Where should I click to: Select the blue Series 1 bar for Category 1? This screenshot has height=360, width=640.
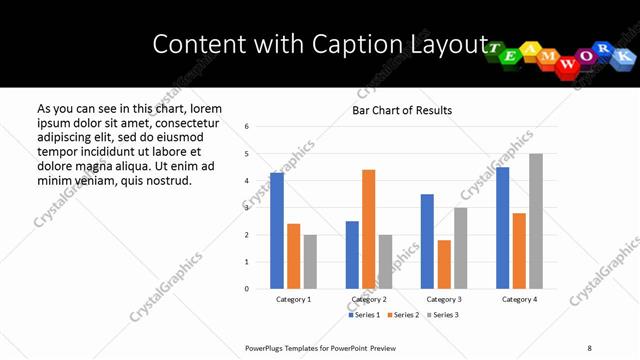click(x=277, y=231)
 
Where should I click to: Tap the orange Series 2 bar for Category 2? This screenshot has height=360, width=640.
click(x=369, y=229)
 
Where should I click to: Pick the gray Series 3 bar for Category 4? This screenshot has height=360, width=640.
click(x=536, y=221)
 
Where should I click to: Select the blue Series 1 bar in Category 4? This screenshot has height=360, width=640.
click(x=502, y=228)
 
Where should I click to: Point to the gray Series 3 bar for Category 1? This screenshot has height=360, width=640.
click(x=310, y=262)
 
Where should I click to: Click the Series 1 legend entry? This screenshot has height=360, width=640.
click(x=365, y=315)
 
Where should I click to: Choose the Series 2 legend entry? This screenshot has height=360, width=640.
click(x=402, y=315)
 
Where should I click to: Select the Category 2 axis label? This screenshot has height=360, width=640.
click(x=369, y=300)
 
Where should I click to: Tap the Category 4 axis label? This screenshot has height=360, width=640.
click(x=519, y=300)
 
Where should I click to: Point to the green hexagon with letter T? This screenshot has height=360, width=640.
click(x=496, y=52)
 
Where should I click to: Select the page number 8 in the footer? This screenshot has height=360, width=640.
click(x=590, y=347)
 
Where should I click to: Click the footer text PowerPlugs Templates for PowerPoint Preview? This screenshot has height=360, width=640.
click(x=320, y=347)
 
